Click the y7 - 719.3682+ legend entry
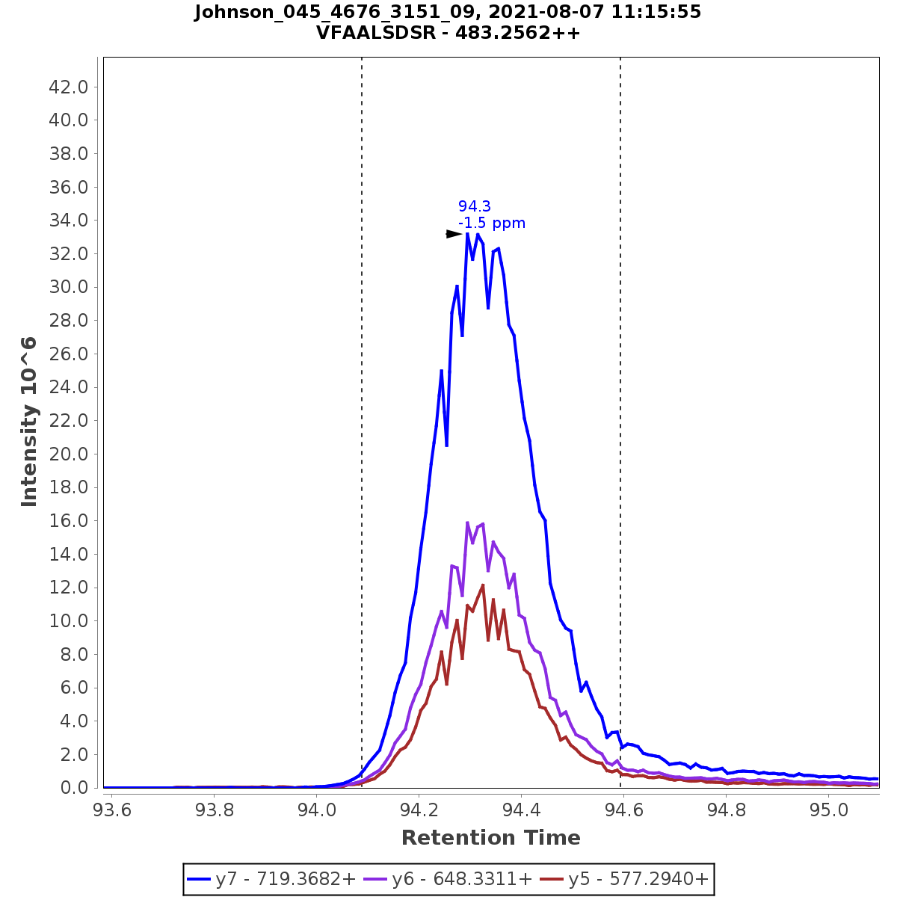coord(271,879)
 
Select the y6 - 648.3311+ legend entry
coord(447,879)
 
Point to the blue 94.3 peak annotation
coord(475,206)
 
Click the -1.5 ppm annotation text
coord(492,223)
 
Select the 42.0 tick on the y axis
coord(69,87)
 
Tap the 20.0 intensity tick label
coord(69,454)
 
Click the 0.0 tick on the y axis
coord(73,788)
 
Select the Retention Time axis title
coord(490,838)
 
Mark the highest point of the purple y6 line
coord(467,523)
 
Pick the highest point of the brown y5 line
coord(483,585)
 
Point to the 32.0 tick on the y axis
coord(69,253)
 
